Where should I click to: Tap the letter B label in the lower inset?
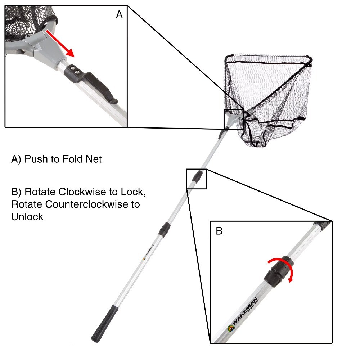(x=219, y=231)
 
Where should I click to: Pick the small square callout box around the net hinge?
(x=234, y=119)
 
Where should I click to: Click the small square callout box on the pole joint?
(x=196, y=179)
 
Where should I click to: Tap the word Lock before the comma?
(x=132, y=192)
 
